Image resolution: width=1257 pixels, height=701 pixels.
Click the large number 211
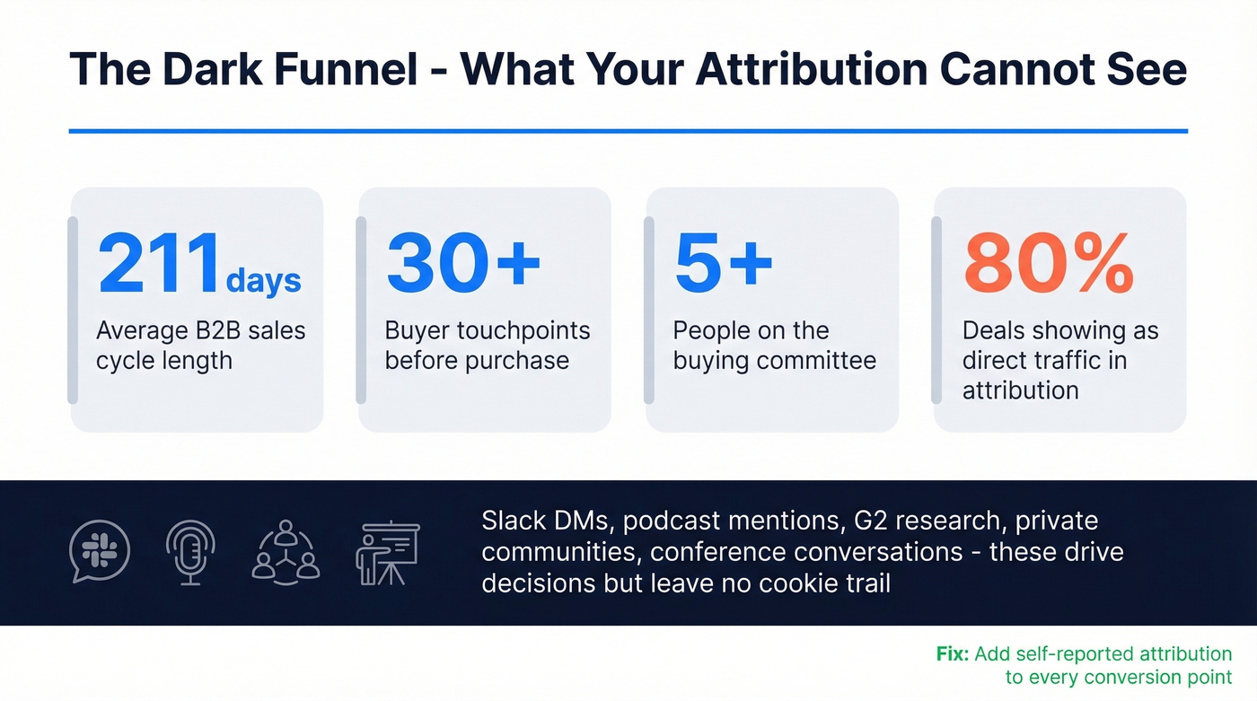pos(160,264)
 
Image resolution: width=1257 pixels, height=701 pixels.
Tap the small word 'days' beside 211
pos(263,280)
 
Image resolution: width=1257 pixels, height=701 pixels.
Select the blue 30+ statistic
pos(463,264)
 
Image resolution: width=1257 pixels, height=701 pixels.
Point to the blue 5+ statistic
pos(724,264)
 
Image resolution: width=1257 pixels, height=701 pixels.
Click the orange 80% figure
pos(1048,264)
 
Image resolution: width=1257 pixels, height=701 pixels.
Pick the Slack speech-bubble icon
pos(100,551)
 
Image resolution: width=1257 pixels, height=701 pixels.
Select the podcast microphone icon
pos(190,551)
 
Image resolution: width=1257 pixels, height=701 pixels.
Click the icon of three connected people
pos(286,551)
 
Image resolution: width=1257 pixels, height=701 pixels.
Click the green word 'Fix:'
pos(952,654)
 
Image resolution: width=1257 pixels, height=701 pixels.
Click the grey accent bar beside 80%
pos(936,309)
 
